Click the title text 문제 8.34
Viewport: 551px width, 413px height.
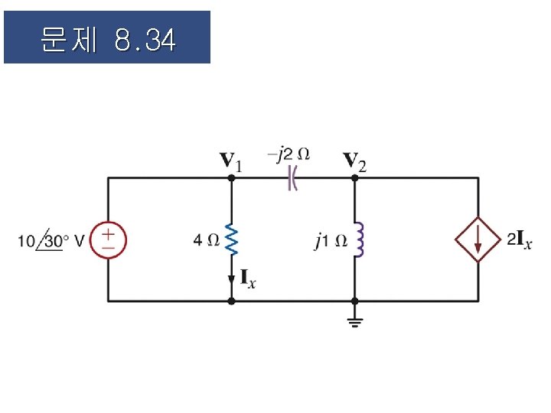[x=107, y=39]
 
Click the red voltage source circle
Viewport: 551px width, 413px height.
[x=108, y=239]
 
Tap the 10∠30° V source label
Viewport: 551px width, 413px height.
[x=51, y=241]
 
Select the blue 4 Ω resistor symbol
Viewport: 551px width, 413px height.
[x=232, y=240]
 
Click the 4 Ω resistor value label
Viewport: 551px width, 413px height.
[x=207, y=240]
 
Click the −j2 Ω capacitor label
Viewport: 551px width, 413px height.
[x=289, y=154]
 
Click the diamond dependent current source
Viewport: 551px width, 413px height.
[x=478, y=240]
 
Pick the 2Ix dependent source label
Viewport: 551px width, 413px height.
[x=520, y=240]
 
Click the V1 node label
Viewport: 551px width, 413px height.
[x=232, y=161]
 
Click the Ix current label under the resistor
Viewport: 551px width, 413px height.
[x=248, y=278]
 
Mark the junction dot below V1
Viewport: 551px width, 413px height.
[x=232, y=177]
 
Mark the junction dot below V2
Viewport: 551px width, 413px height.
[x=354, y=177]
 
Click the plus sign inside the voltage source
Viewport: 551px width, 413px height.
[x=108, y=233]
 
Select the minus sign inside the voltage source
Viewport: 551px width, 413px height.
[x=108, y=247]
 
